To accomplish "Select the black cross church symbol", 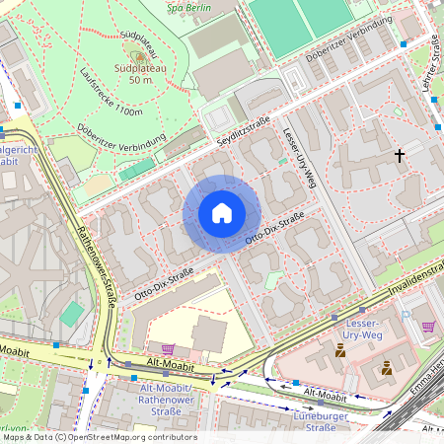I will (x=400, y=155).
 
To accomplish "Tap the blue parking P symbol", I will (x=407, y=312).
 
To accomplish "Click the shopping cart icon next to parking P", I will (x=427, y=327).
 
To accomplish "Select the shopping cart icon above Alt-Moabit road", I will (x=168, y=348).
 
